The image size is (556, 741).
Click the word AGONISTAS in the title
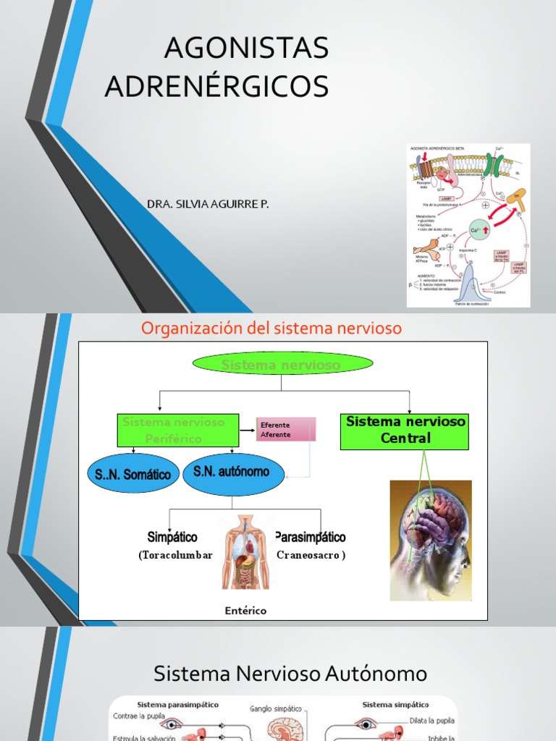coord(246,48)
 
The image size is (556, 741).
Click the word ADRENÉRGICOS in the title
coord(216,86)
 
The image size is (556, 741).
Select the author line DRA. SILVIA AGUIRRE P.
coord(208,205)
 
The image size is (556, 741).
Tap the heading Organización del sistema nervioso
coord(271,329)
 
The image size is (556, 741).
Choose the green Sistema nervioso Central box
coord(405,430)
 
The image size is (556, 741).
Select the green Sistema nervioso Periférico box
coord(179,430)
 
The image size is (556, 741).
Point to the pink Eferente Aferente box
coord(286,430)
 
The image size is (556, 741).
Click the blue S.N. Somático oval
coord(133,474)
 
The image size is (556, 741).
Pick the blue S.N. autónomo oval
coord(231,473)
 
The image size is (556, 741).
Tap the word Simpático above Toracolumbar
coord(172,538)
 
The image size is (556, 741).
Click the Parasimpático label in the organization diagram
coord(311,538)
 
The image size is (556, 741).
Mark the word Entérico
coord(245,611)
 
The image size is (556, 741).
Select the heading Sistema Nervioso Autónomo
coord(290,674)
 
